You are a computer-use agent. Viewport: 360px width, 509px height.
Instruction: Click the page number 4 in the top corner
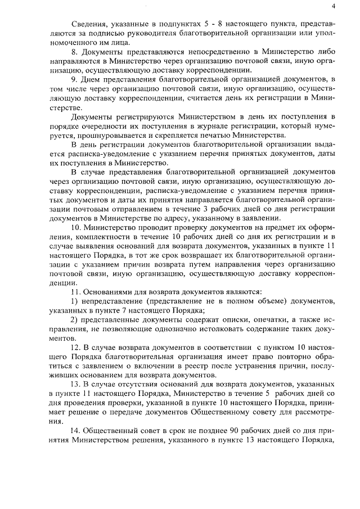click(334, 6)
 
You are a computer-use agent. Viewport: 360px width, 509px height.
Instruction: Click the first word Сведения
click(88, 24)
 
